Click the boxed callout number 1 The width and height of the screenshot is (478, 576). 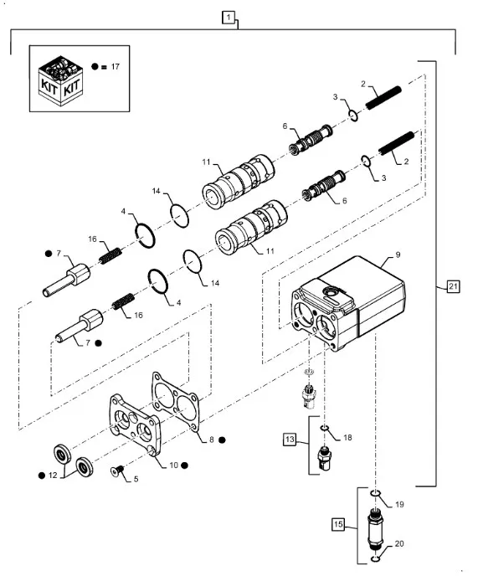coord(229,18)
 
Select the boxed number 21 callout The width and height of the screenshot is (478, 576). coord(453,286)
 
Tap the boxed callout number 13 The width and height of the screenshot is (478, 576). coord(290,440)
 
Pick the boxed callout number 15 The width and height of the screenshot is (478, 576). coord(338,524)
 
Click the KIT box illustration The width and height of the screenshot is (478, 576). coord(60,80)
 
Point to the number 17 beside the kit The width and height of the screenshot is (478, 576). coord(115,66)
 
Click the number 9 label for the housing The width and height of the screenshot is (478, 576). coord(398,255)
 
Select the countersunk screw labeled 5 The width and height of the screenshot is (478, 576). coord(117,470)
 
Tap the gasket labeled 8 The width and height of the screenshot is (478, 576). coord(175,402)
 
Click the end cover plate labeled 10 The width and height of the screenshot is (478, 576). coord(134,425)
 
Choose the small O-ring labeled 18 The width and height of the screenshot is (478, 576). coord(324,427)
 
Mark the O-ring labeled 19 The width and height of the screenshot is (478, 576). coord(374,492)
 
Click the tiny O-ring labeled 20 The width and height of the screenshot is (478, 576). coord(375,559)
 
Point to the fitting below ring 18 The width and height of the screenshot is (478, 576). coord(324,458)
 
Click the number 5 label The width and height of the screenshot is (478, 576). coord(136,479)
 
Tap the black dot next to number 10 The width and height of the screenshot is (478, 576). coord(184,465)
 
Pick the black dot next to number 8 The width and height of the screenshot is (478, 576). coord(222,440)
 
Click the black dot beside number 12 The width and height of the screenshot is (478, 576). coord(42,476)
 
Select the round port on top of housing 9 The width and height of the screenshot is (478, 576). coord(331,292)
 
